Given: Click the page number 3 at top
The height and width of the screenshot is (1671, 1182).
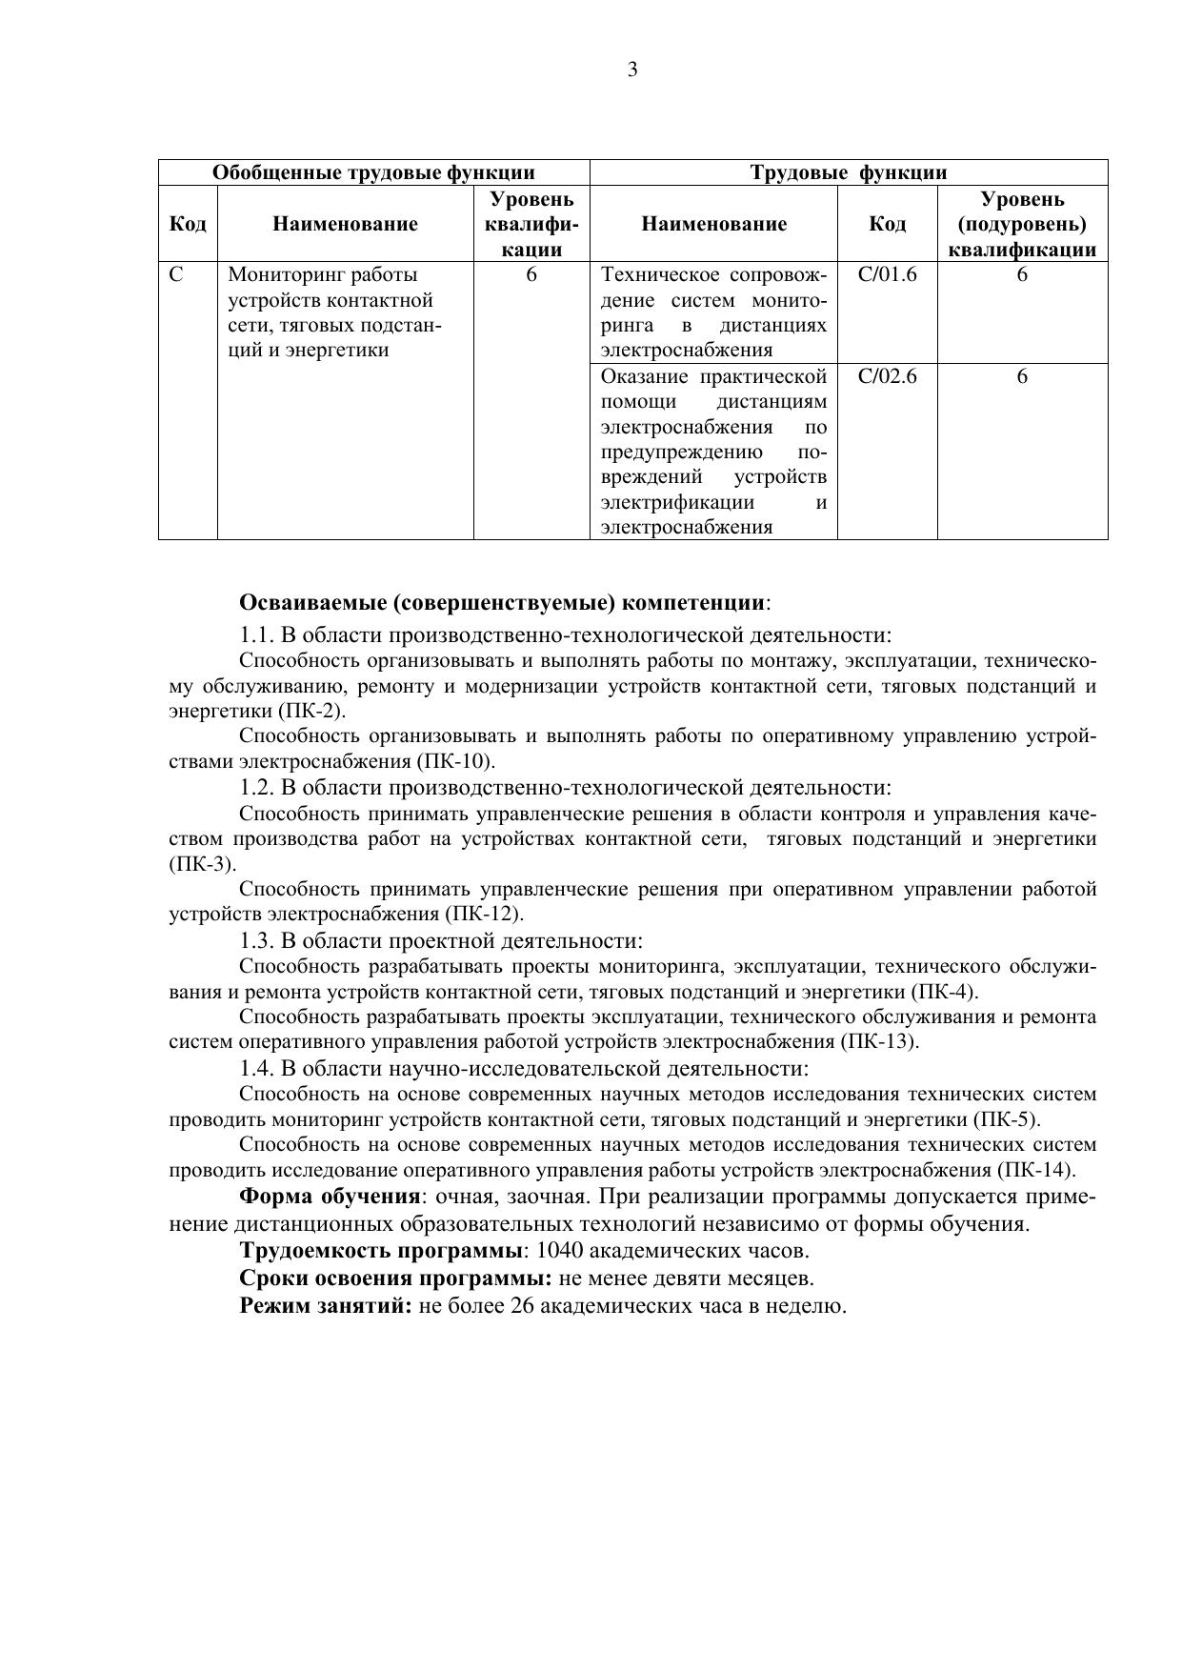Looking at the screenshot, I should click(632, 70).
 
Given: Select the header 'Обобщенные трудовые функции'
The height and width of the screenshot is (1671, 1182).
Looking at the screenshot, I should click(373, 172).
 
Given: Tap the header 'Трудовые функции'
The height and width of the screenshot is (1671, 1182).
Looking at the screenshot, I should click(849, 172).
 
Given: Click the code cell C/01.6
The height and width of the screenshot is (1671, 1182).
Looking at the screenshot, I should click(887, 275).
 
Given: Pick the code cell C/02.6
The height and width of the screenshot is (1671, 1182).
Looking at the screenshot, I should click(887, 376).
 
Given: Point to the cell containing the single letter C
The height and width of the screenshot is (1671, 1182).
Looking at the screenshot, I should click(176, 275).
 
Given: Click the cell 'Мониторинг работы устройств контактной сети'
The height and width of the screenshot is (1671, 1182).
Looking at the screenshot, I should click(333, 312).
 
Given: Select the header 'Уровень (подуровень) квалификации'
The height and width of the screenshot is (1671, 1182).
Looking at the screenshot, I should click(1022, 225).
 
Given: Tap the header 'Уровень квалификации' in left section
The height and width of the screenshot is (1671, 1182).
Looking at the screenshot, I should click(531, 225).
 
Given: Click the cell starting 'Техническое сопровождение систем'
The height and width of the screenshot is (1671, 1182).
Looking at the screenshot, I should click(713, 312).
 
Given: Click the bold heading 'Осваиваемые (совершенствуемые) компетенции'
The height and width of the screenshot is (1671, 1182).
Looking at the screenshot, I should click(503, 603).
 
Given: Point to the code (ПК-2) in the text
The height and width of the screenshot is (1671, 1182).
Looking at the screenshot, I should click(312, 712).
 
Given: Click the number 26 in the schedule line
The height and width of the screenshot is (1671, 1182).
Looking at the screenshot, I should click(522, 1306).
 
